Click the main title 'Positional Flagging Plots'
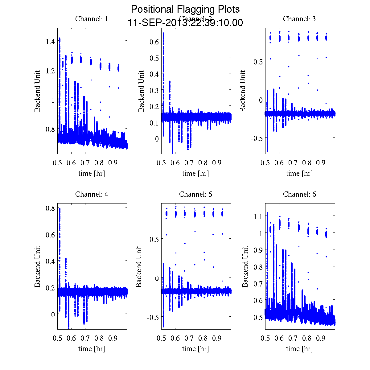(x=185, y=9)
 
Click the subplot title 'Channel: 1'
(x=92, y=19)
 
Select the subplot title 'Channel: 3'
(x=299, y=19)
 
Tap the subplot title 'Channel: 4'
(x=92, y=194)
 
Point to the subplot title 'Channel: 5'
(x=195, y=194)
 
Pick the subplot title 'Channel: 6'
(x=299, y=194)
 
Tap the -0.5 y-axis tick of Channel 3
(x=257, y=138)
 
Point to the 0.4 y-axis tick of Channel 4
(x=50, y=261)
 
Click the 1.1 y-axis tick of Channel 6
(x=258, y=216)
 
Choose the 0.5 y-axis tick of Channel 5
(x=154, y=239)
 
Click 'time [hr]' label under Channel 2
(x=195, y=173)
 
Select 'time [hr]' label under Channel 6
(x=299, y=349)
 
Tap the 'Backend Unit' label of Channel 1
(x=37, y=91)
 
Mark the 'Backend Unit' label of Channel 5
(x=139, y=266)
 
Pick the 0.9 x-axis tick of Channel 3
(x=321, y=162)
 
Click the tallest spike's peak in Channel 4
(x=60, y=209)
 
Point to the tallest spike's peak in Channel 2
(x=163, y=33)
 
